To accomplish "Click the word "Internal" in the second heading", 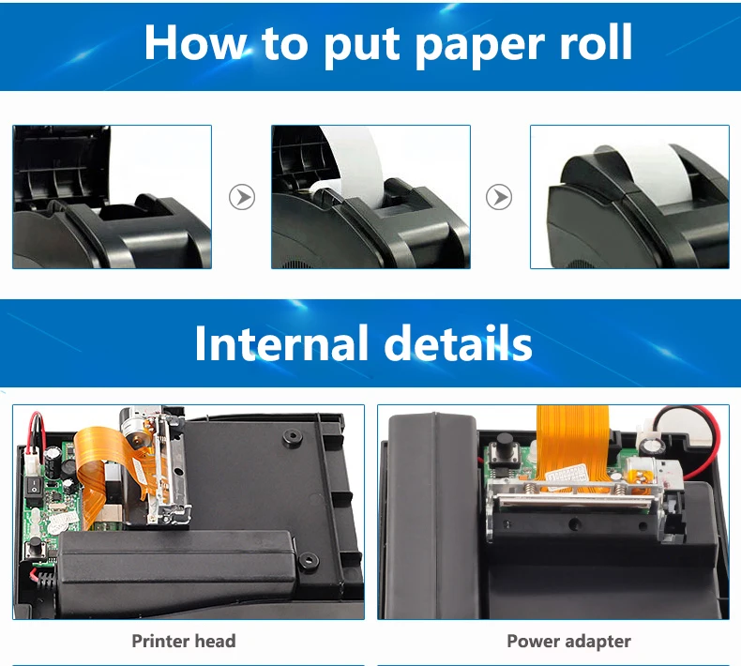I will point(280,343).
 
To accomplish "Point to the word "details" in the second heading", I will point(459,343).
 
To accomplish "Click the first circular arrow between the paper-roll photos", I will point(242,197).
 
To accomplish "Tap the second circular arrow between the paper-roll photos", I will point(499,197).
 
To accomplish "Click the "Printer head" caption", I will point(184,642).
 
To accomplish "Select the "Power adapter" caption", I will point(568,642).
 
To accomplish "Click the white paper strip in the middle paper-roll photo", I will point(355,169).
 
